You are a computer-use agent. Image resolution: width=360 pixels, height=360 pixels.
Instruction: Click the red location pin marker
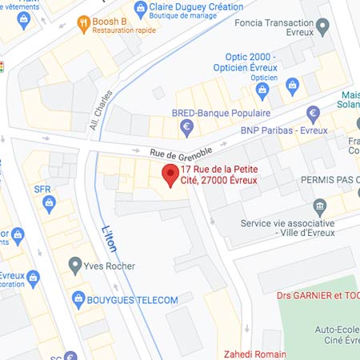[x=170, y=174]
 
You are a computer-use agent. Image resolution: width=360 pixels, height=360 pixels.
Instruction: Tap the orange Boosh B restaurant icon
[x=82, y=24]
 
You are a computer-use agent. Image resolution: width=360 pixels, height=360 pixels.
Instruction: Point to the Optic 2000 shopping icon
[x=292, y=85]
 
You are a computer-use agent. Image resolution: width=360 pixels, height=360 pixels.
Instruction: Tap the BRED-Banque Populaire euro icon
[x=187, y=126]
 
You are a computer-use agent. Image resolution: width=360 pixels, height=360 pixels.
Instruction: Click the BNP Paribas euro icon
[x=314, y=112]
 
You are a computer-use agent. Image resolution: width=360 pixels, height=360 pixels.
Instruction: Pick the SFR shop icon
[x=50, y=203]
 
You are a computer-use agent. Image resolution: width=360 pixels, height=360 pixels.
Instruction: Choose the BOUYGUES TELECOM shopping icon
[x=78, y=299]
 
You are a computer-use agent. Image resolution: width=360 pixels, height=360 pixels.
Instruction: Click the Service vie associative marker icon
[x=320, y=206]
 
